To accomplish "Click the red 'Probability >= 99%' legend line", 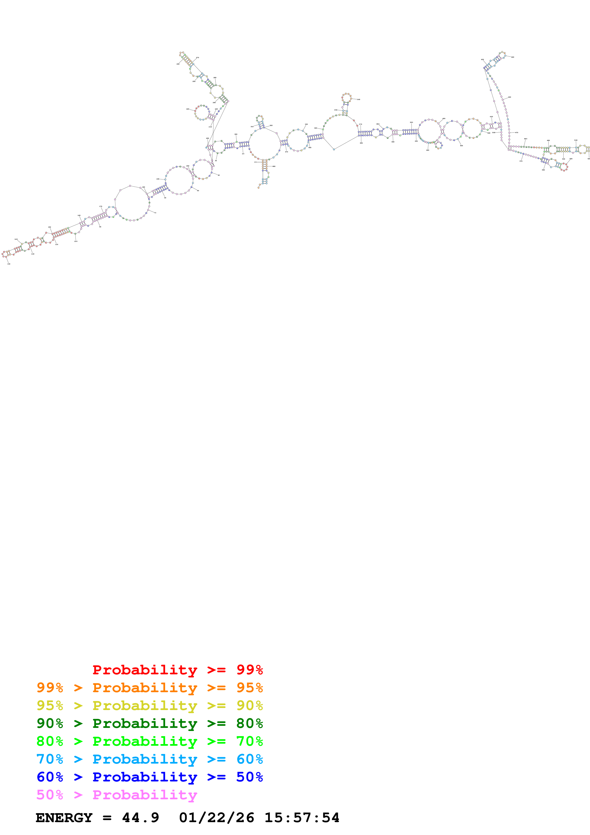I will tap(177, 670).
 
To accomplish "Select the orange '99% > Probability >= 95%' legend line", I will tap(149, 688).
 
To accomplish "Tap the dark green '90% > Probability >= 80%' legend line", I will tap(149, 723).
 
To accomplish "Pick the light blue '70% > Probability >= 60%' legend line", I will tap(149, 759).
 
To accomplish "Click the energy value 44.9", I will tap(140, 818).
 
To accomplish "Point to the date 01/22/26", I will tap(216, 818).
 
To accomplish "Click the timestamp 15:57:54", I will tap(302, 818).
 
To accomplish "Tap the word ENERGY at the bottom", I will tap(64, 818).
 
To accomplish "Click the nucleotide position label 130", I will tap(9, 264).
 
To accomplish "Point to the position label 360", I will tap(358, 99).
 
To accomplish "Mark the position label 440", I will tap(513, 57).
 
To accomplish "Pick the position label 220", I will tap(188, 109).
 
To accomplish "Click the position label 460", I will tap(510, 97).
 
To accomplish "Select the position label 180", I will tap(143, 187).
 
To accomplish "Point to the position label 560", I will tap(543, 170).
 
